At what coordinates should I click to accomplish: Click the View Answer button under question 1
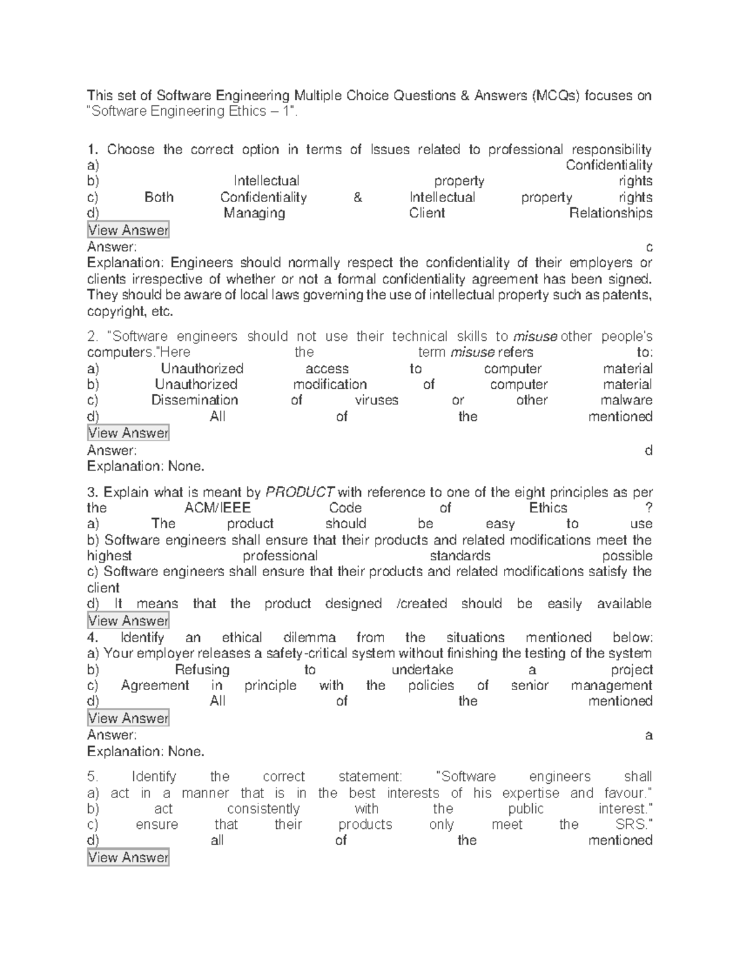coord(128,230)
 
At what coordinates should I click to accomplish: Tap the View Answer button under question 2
coord(128,433)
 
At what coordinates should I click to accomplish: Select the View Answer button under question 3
coord(128,621)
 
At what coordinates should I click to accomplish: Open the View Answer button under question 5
coord(128,858)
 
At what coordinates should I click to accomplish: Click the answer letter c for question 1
coord(648,248)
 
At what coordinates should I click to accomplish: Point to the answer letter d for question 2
coord(648,450)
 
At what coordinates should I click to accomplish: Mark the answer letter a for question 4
coord(648,735)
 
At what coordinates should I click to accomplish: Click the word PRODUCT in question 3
coord(300,492)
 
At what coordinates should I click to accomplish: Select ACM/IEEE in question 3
coord(217,508)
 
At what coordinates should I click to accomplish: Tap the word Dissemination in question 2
coord(195,401)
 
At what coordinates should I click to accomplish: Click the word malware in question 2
coord(627,401)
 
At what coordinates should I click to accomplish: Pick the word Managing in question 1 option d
coord(254,213)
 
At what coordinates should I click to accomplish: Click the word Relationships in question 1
coord(610,213)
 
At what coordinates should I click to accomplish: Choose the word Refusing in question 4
coord(202,670)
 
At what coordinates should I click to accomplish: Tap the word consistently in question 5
coord(263,809)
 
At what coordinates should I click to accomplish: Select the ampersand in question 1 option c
coord(358,198)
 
